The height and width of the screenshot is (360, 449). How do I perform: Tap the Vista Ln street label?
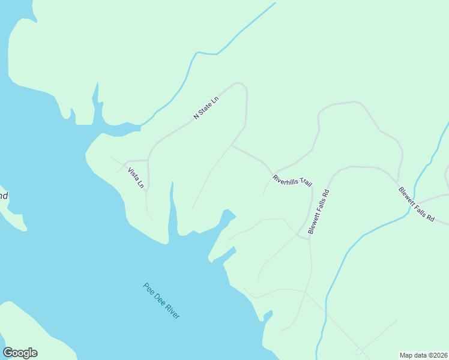point(136,178)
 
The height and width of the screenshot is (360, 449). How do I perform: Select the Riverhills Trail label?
point(292,180)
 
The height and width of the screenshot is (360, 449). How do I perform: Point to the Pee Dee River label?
point(161,301)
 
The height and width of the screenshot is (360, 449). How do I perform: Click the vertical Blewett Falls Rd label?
point(319,212)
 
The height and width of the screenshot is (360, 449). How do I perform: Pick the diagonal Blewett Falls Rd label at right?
point(416,205)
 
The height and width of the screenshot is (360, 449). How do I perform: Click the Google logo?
point(20,353)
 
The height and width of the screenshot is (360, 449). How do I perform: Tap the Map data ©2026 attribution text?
point(423,355)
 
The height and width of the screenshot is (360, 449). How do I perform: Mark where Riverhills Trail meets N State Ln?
point(232,145)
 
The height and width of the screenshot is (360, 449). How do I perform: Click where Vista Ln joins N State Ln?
point(148,160)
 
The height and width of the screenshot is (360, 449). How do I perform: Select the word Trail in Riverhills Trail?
point(305,182)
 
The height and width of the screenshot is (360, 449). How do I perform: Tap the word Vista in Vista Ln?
point(133,175)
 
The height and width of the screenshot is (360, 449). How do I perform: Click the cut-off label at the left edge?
point(4,196)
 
